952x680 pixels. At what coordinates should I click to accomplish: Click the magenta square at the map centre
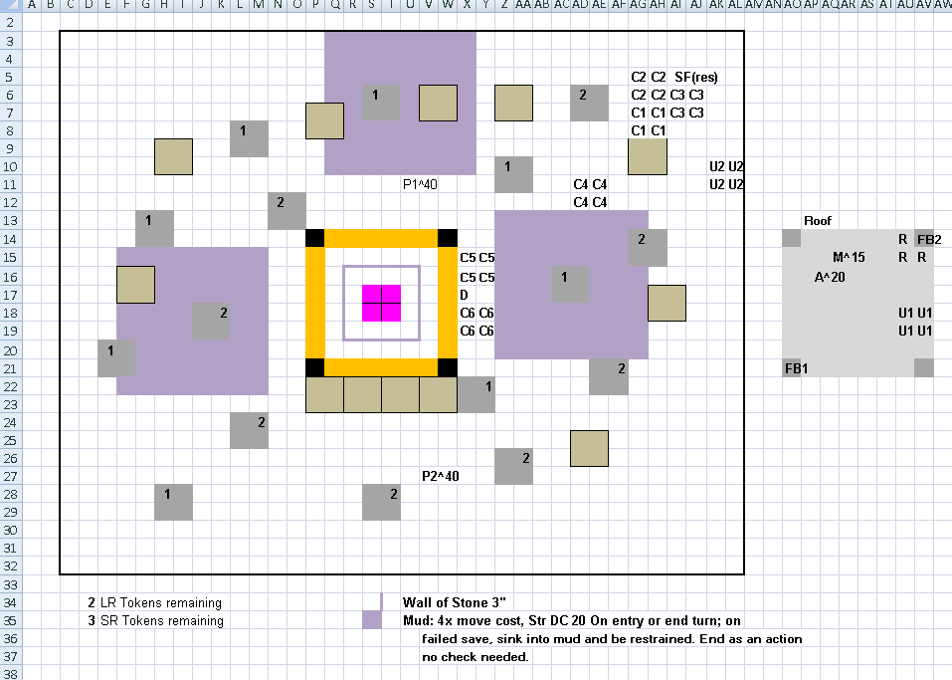point(381,304)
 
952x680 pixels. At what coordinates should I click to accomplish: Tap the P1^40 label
point(420,184)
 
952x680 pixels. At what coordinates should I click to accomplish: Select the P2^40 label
point(440,476)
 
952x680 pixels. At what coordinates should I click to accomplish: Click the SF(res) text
point(695,77)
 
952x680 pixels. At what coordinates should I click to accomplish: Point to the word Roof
point(818,221)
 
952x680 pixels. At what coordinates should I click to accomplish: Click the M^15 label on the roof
point(849,257)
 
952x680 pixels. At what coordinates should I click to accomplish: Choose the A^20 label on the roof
point(830,277)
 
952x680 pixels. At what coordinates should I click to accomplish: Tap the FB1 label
point(796,368)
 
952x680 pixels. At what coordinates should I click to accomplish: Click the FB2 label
point(929,239)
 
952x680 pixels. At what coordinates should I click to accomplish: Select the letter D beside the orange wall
point(464,295)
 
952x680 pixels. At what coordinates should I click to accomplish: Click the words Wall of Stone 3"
point(455,602)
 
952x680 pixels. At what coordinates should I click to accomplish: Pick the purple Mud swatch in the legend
point(372,620)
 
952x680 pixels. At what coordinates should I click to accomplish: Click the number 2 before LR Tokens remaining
point(92,602)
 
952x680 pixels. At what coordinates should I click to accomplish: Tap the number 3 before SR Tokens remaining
point(92,620)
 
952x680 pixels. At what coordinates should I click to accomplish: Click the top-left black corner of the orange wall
point(314,238)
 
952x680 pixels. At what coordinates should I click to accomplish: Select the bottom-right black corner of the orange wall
point(448,367)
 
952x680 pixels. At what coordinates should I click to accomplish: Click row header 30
point(10,530)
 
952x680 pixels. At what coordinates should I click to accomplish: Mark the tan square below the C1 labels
point(648,156)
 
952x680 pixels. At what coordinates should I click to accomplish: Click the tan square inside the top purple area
point(438,104)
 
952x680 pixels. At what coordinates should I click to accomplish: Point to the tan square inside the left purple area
point(135,285)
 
